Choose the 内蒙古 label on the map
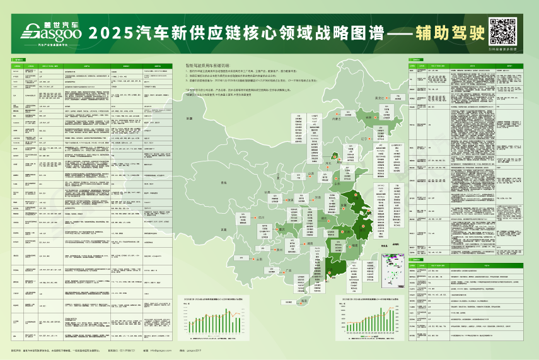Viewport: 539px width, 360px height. [x=336, y=119]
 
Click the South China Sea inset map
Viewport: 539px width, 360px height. [x=385, y=266]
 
